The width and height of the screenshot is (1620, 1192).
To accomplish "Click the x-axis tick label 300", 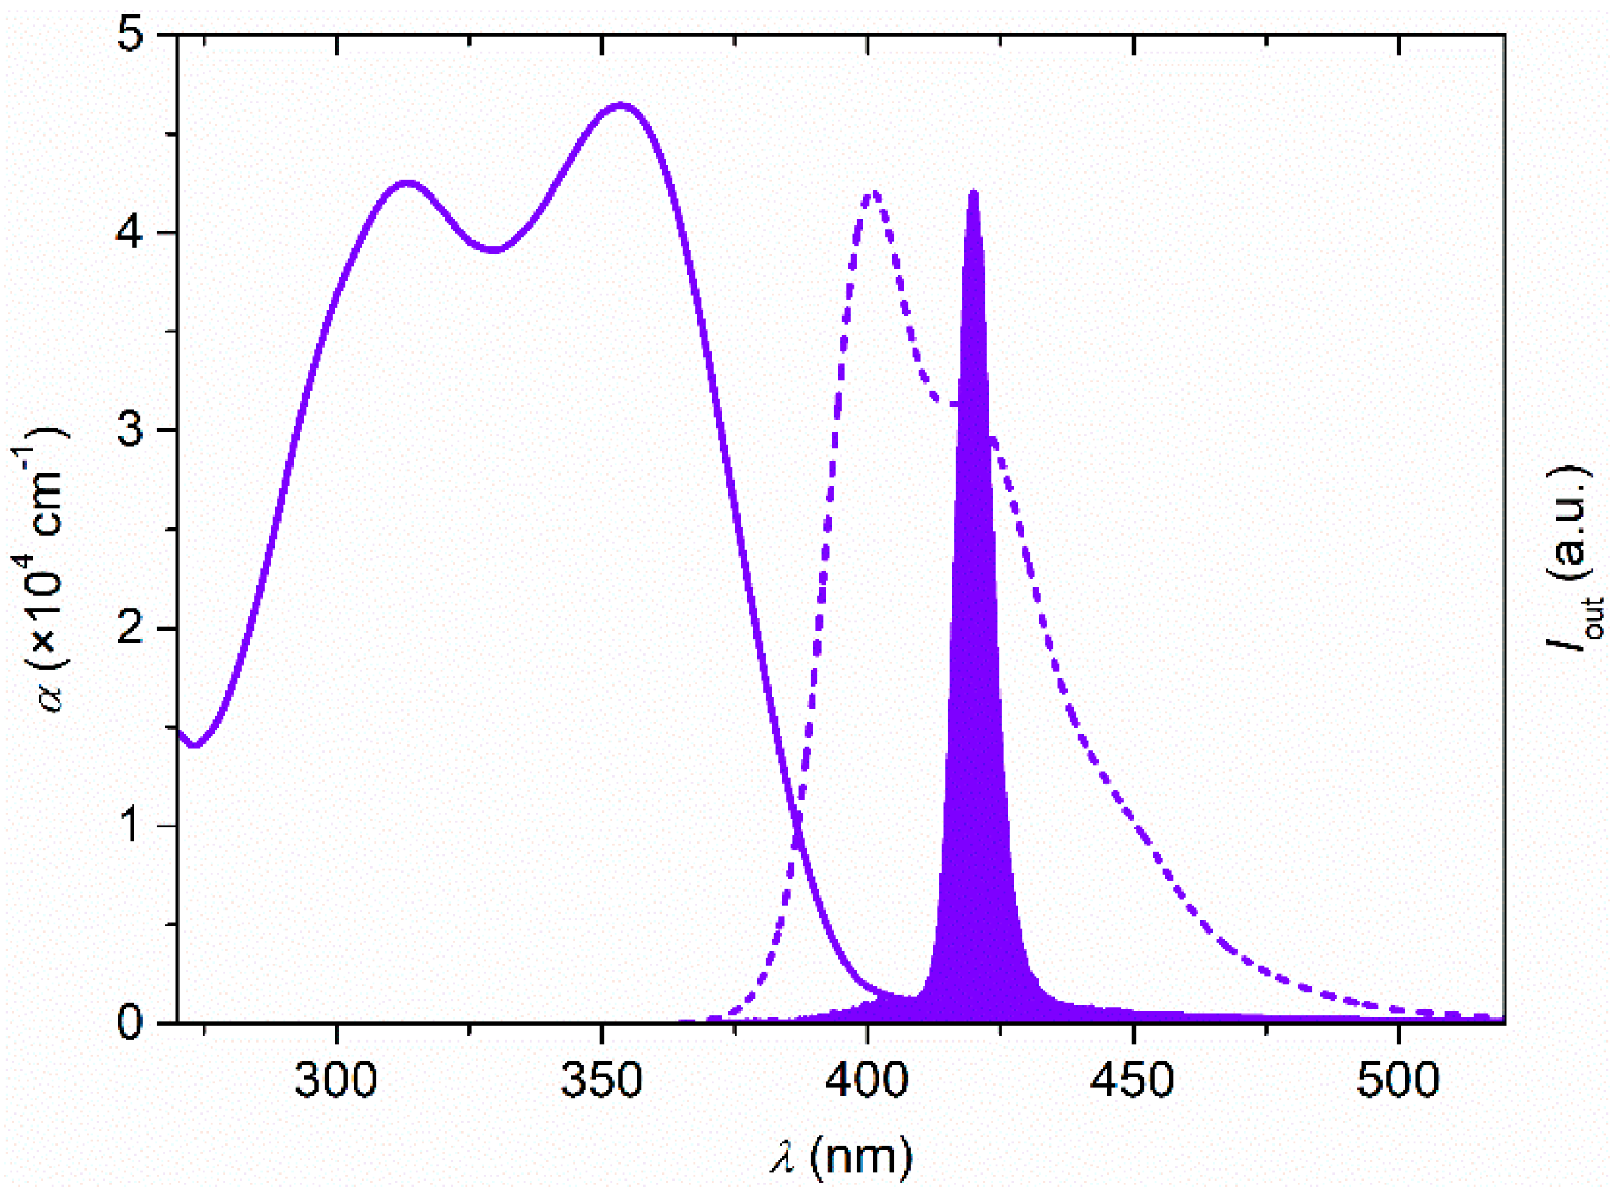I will [335, 1080].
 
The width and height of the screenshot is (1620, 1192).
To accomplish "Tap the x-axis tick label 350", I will [601, 1080].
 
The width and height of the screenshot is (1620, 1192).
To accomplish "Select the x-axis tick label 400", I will [867, 1080].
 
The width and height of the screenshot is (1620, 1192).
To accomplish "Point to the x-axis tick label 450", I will [1133, 1080].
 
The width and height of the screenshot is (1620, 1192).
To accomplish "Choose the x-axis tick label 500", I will [1398, 1080].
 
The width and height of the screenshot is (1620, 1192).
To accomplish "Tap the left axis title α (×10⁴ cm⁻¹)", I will [39, 569].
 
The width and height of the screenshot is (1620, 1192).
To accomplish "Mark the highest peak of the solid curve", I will [621, 105].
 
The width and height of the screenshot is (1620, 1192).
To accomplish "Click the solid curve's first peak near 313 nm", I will [407, 184].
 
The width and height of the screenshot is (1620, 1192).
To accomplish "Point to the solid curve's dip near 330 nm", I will [494, 250].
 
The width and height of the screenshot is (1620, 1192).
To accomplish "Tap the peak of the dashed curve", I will [874, 191].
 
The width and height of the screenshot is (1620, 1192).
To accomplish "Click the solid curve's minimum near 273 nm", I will [195, 745].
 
